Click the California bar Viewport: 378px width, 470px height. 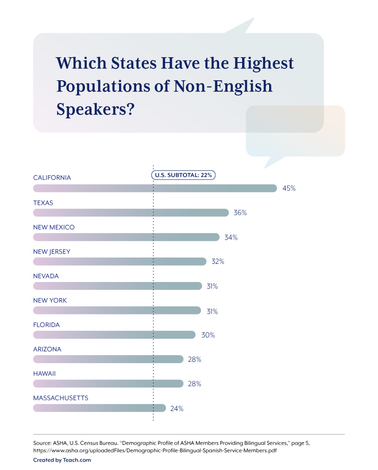point(155,188)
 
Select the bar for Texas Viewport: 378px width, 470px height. point(131,213)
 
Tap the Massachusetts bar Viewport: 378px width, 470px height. point(99,408)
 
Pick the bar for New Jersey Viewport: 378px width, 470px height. point(120,262)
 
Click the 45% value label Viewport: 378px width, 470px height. point(289,188)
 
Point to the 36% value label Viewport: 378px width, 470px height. point(240,213)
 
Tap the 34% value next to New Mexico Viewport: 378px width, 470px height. point(231,237)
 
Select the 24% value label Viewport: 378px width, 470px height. point(177,408)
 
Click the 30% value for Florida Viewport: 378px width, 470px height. point(208,335)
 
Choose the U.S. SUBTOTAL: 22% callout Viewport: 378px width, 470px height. point(183,175)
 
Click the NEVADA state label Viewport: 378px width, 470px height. point(46,276)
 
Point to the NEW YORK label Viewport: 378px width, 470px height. point(50,301)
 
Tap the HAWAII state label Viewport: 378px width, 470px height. point(44,374)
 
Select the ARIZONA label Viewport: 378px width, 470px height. point(47,349)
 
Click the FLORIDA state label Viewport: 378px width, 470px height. point(46,325)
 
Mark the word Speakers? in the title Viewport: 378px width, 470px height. point(95,109)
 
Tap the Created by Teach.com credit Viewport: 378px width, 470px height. point(62,460)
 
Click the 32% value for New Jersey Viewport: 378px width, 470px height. point(218,262)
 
